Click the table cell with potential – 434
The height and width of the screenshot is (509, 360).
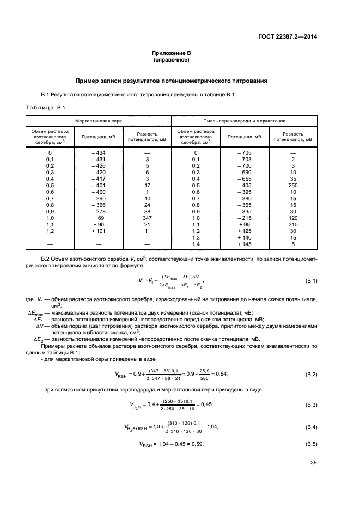(99, 152)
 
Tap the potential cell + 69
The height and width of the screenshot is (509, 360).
(99, 218)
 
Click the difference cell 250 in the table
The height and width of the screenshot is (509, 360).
(292, 185)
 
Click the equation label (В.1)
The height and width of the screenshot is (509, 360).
(312, 280)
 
